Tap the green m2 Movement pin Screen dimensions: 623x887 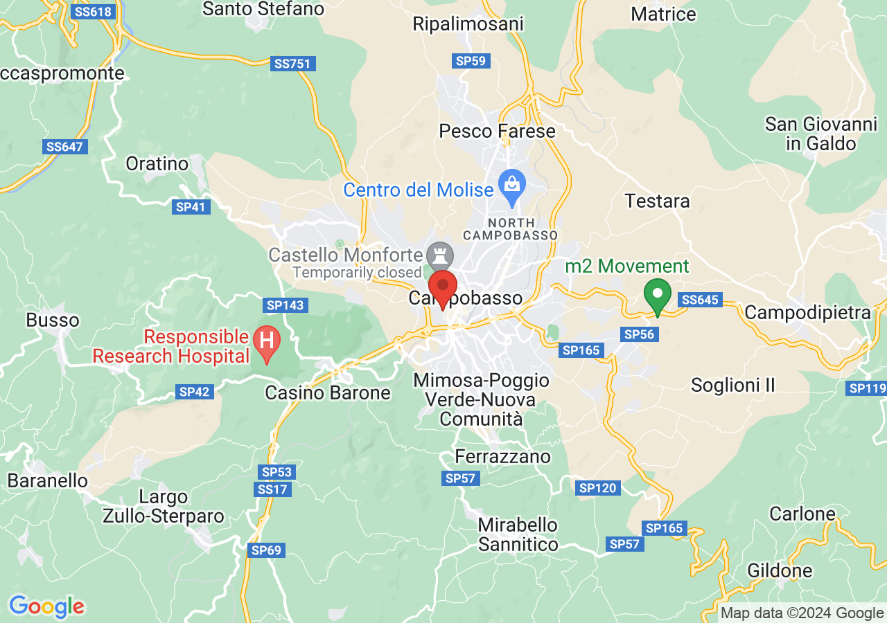[x=657, y=294]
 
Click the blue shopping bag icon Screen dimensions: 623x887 [x=513, y=186]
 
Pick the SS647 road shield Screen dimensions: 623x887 [x=64, y=147]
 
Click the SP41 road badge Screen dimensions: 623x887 [x=191, y=207]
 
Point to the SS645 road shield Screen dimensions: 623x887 [x=701, y=300]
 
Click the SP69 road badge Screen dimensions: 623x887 [x=266, y=550]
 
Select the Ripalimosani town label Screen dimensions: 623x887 [x=468, y=24]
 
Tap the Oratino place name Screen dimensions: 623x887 [x=157, y=164]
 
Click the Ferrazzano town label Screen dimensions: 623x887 [x=502, y=457]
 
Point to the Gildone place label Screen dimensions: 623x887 [x=780, y=571]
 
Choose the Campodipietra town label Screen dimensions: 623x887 [x=807, y=313]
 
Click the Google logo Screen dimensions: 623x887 [x=46, y=607]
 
